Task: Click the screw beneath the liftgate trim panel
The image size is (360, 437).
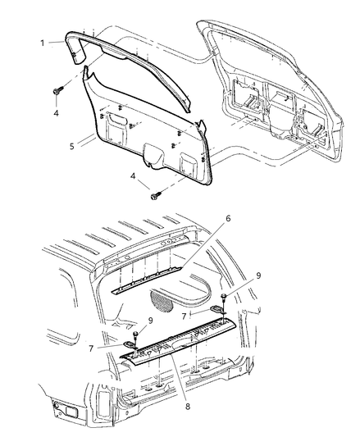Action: tap(156, 194)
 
